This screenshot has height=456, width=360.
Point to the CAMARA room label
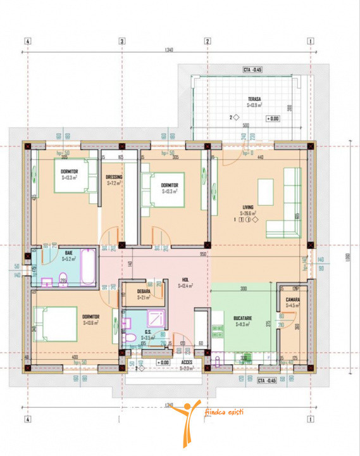point(292,300)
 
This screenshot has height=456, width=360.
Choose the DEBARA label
point(144,291)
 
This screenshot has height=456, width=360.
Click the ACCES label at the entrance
point(187,362)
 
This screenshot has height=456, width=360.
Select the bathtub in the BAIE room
point(88,268)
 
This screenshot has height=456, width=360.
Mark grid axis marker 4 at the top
point(27,41)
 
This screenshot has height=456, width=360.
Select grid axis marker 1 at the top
point(310,41)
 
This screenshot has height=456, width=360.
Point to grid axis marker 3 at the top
point(121,41)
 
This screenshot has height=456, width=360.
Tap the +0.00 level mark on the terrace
point(273,118)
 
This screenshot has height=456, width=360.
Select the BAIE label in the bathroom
point(68,253)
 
